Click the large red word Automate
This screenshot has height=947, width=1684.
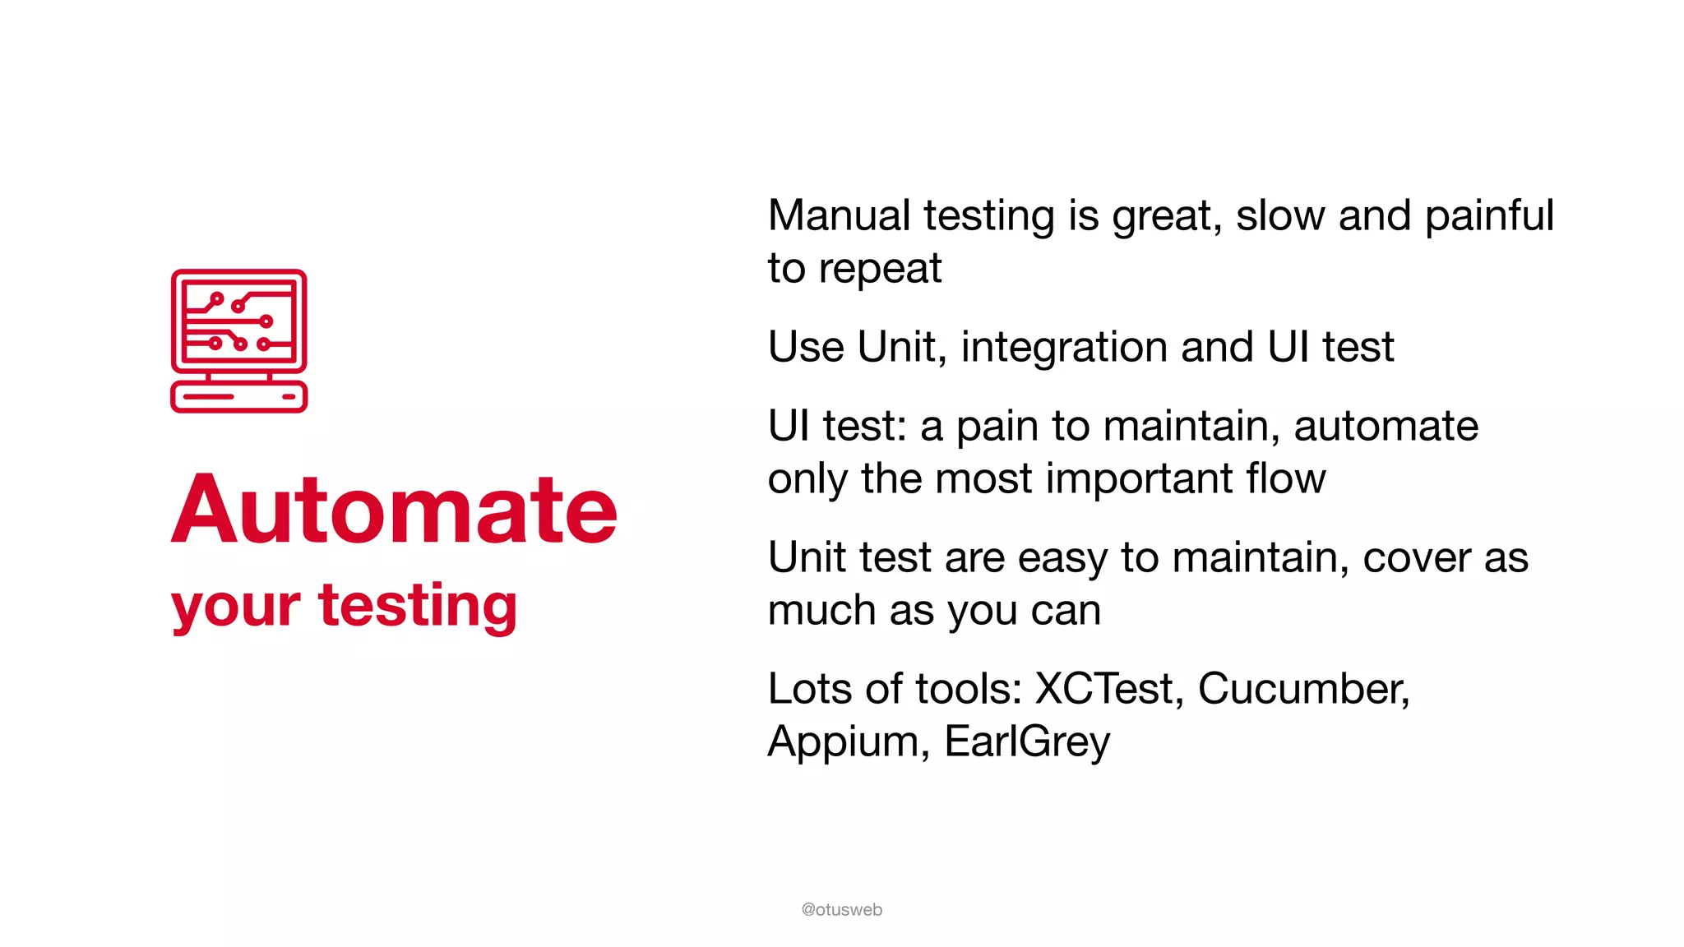(x=394, y=510)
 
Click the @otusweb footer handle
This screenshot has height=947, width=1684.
(x=841, y=909)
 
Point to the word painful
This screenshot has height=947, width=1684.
(x=1488, y=217)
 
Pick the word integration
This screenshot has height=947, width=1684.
(x=1063, y=347)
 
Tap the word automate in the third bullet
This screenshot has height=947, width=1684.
(x=1386, y=426)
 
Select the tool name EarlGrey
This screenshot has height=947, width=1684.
(x=1027, y=742)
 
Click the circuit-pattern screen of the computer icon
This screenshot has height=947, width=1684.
(x=238, y=321)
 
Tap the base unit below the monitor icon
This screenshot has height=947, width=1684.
(x=238, y=396)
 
